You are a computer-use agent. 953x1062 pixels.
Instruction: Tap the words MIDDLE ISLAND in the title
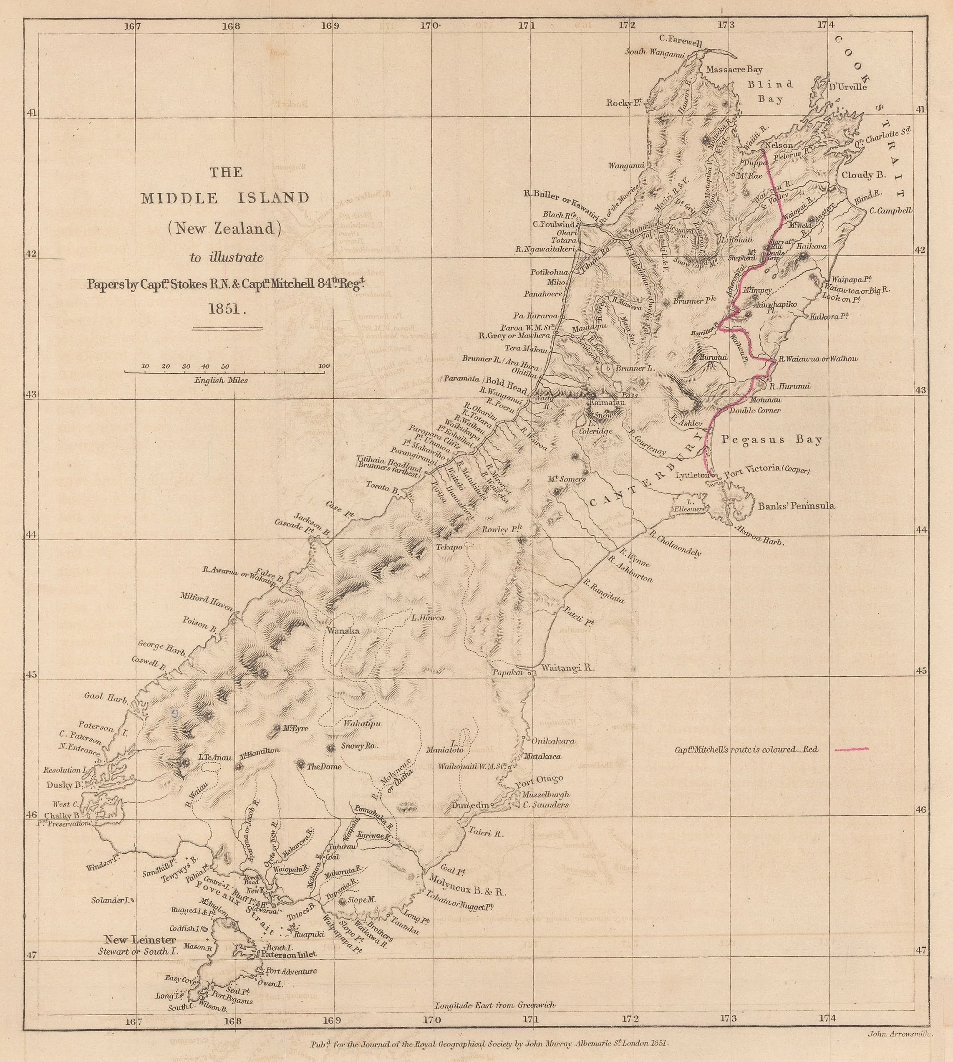[x=226, y=198]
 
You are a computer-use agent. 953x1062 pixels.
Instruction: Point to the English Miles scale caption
[x=221, y=380]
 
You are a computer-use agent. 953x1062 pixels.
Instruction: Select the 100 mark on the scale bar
[x=324, y=366]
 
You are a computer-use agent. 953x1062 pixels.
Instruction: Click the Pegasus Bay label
[x=772, y=440]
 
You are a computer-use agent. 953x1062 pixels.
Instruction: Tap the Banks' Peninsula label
[x=797, y=506]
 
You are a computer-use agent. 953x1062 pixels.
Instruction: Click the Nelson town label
[x=779, y=145]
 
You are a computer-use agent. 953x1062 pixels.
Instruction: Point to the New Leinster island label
[x=140, y=939]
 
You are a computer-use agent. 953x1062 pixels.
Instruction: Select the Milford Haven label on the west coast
[x=206, y=602]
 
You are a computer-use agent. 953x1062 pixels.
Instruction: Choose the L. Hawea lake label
[x=428, y=618]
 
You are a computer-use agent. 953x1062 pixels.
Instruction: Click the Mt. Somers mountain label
[x=567, y=479]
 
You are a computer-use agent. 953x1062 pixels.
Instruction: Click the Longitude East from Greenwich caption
[x=495, y=1005]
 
